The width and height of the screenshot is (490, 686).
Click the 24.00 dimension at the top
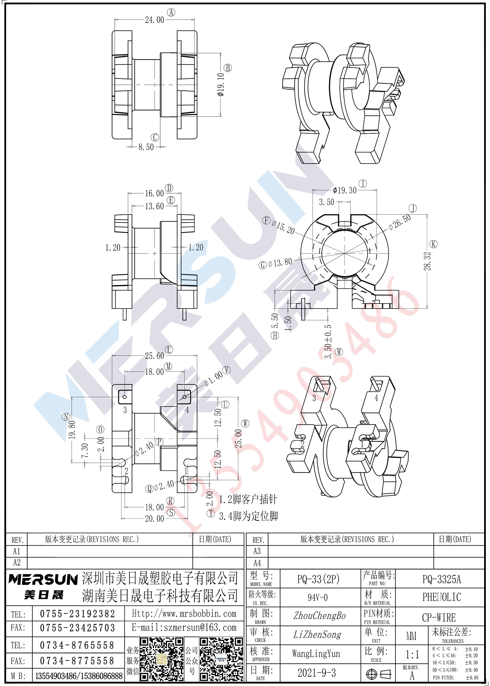[x=155, y=20]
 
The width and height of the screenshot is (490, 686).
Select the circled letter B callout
[x=227, y=68]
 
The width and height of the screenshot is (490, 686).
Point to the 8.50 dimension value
[x=146, y=147]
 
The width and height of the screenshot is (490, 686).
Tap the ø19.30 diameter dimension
[x=344, y=190]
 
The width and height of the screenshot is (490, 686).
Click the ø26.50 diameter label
[x=400, y=222]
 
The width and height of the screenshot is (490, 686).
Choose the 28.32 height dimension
[x=427, y=261]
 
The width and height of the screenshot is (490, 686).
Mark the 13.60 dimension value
[x=155, y=206]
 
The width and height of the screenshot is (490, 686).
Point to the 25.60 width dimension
[x=155, y=356]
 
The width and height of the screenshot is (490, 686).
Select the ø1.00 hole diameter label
[x=214, y=378]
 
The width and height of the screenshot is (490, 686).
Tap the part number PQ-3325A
[x=441, y=579]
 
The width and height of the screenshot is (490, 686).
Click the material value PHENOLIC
[x=441, y=597]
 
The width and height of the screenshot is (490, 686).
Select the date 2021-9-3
[x=317, y=673]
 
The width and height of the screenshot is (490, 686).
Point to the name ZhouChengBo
[x=320, y=615]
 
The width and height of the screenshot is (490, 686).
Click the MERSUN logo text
[x=43, y=579]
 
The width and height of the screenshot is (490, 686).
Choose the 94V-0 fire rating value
[x=317, y=598]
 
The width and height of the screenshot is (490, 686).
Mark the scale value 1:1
[x=412, y=654]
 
